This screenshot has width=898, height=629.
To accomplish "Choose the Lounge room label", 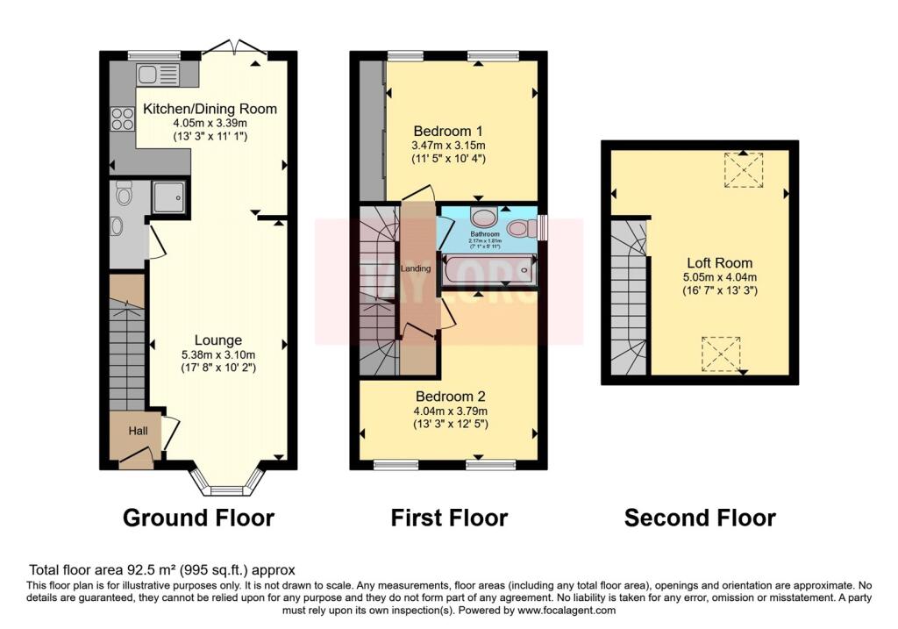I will click(x=218, y=340).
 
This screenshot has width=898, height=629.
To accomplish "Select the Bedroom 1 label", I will click(x=448, y=131).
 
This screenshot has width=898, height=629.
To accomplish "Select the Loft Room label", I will click(x=720, y=262).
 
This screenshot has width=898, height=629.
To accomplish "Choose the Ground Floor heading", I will click(x=198, y=518).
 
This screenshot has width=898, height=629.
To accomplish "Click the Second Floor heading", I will click(x=699, y=518).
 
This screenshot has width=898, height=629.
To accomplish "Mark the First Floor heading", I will click(x=449, y=518).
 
